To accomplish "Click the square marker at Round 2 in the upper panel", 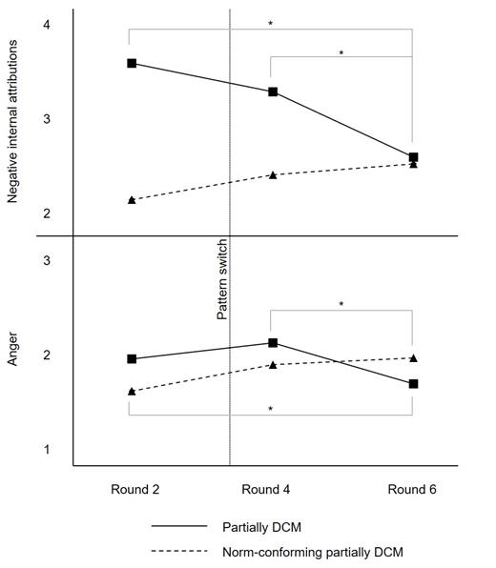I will pyautogui.click(x=132, y=64).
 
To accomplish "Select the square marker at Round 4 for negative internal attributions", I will pyautogui.click(x=273, y=92).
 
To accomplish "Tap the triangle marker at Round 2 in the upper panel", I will pyautogui.click(x=132, y=200).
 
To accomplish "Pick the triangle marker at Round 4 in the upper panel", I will pyautogui.click(x=273, y=175).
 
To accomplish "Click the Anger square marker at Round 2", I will pyautogui.click(x=132, y=359).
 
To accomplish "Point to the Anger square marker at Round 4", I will pyautogui.click(x=273, y=343).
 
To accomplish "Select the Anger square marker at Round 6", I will pyautogui.click(x=413, y=384).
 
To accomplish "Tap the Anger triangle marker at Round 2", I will pyautogui.click(x=132, y=391).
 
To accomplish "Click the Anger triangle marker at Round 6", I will pyautogui.click(x=413, y=358).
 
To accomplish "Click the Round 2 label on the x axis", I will pyautogui.click(x=134, y=489).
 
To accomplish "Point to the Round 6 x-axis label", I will pyautogui.click(x=412, y=489).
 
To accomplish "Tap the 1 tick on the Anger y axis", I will pyautogui.click(x=47, y=449).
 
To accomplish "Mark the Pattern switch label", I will pyautogui.click(x=222, y=279).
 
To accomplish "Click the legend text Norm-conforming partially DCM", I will pyautogui.click(x=314, y=552).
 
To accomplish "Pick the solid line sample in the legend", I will pyautogui.click(x=178, y=525).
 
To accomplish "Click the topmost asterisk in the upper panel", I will pyautogui.click(x=271, y=23).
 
